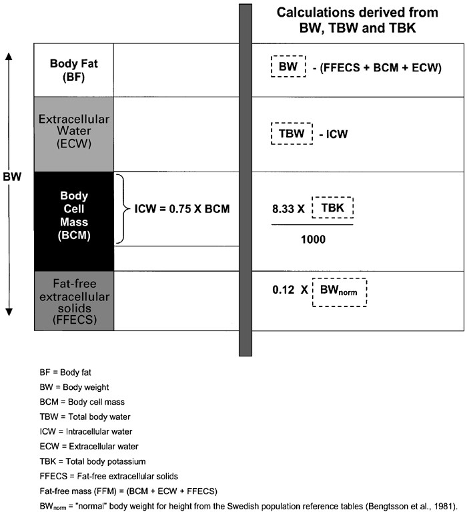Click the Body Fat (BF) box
74,70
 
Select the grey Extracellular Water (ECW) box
74,134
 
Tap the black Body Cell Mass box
74,222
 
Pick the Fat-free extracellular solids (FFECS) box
74,301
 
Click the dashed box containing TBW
292,134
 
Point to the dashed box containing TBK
332,208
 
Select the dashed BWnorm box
340,292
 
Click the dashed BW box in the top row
288,66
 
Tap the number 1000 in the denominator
313,240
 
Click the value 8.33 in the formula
284,209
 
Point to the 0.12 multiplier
284,290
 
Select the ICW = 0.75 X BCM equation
182,209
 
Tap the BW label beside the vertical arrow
12,177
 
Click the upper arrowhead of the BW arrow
9,56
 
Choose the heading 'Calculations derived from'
358,13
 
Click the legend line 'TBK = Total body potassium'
93,461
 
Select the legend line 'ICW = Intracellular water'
86,432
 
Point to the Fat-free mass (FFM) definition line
129,491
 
